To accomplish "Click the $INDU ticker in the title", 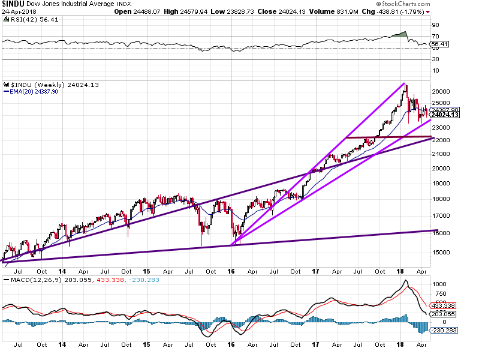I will click(13, 4).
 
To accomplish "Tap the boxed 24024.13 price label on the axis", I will click(447, 115).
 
